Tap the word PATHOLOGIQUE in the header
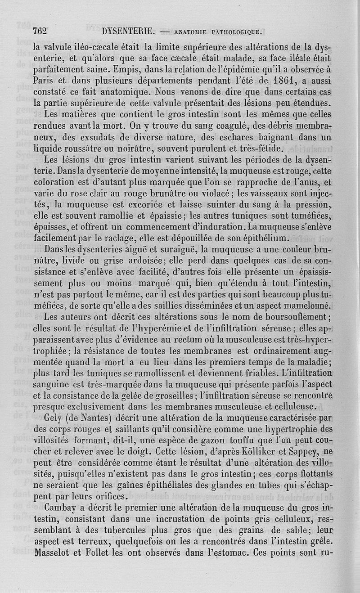[236, 32]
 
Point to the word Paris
[45, 81]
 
